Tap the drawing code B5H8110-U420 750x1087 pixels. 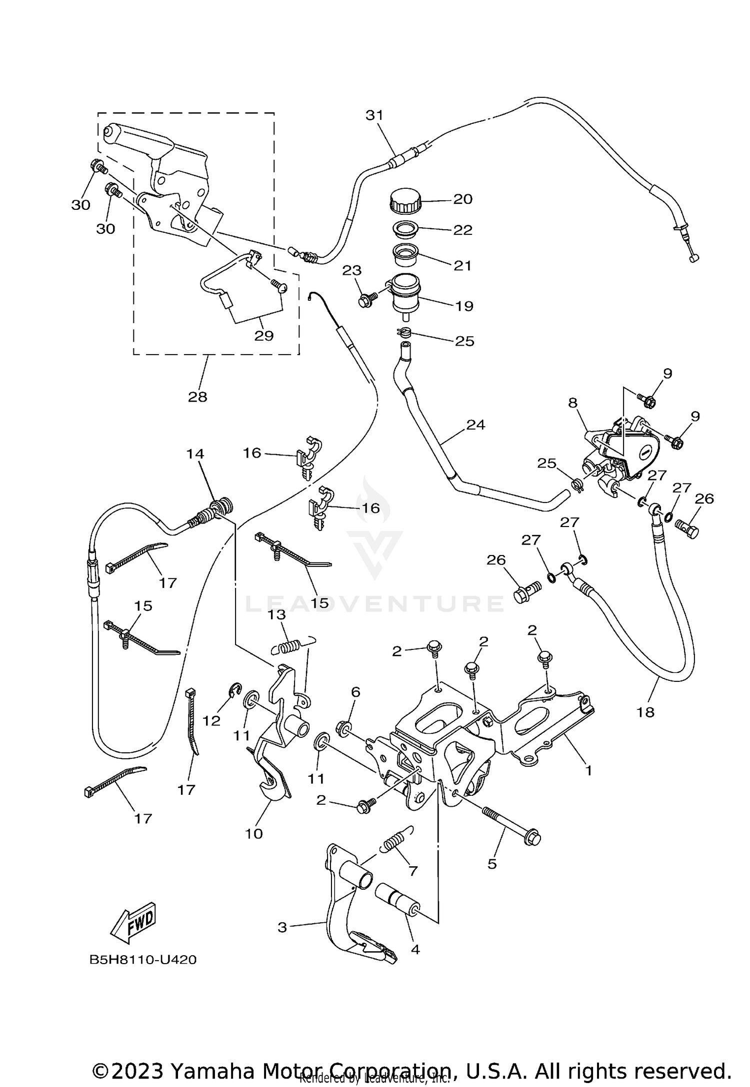(x=143, y=960)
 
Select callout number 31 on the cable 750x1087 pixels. (x=374, y=115)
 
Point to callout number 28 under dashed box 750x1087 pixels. (x=197, y=397)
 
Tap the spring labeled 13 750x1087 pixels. (x=288, y=647)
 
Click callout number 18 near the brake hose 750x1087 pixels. (x=645, y=711)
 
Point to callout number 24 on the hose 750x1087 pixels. (x=475, y=425)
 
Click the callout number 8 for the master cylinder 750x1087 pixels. (x=573, y=403)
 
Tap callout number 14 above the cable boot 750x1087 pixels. (x=195, y=454)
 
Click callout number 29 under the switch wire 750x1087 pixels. (x=264, y=335)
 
